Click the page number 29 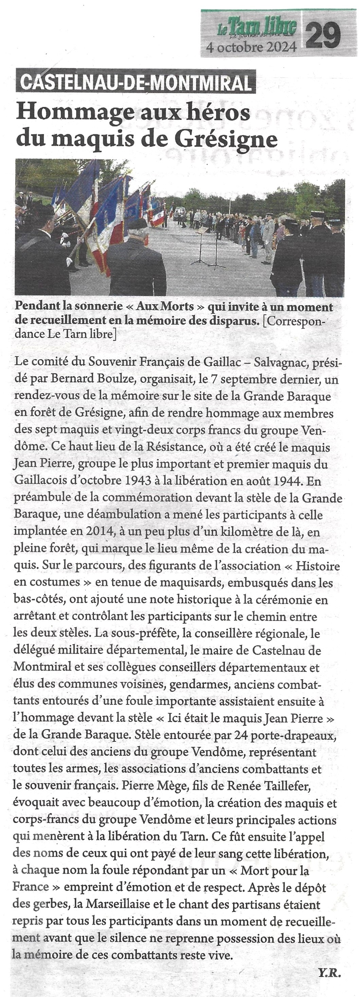pos(323,35)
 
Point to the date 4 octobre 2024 pos(252,47)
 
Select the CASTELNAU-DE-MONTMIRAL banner pos(136,81)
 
